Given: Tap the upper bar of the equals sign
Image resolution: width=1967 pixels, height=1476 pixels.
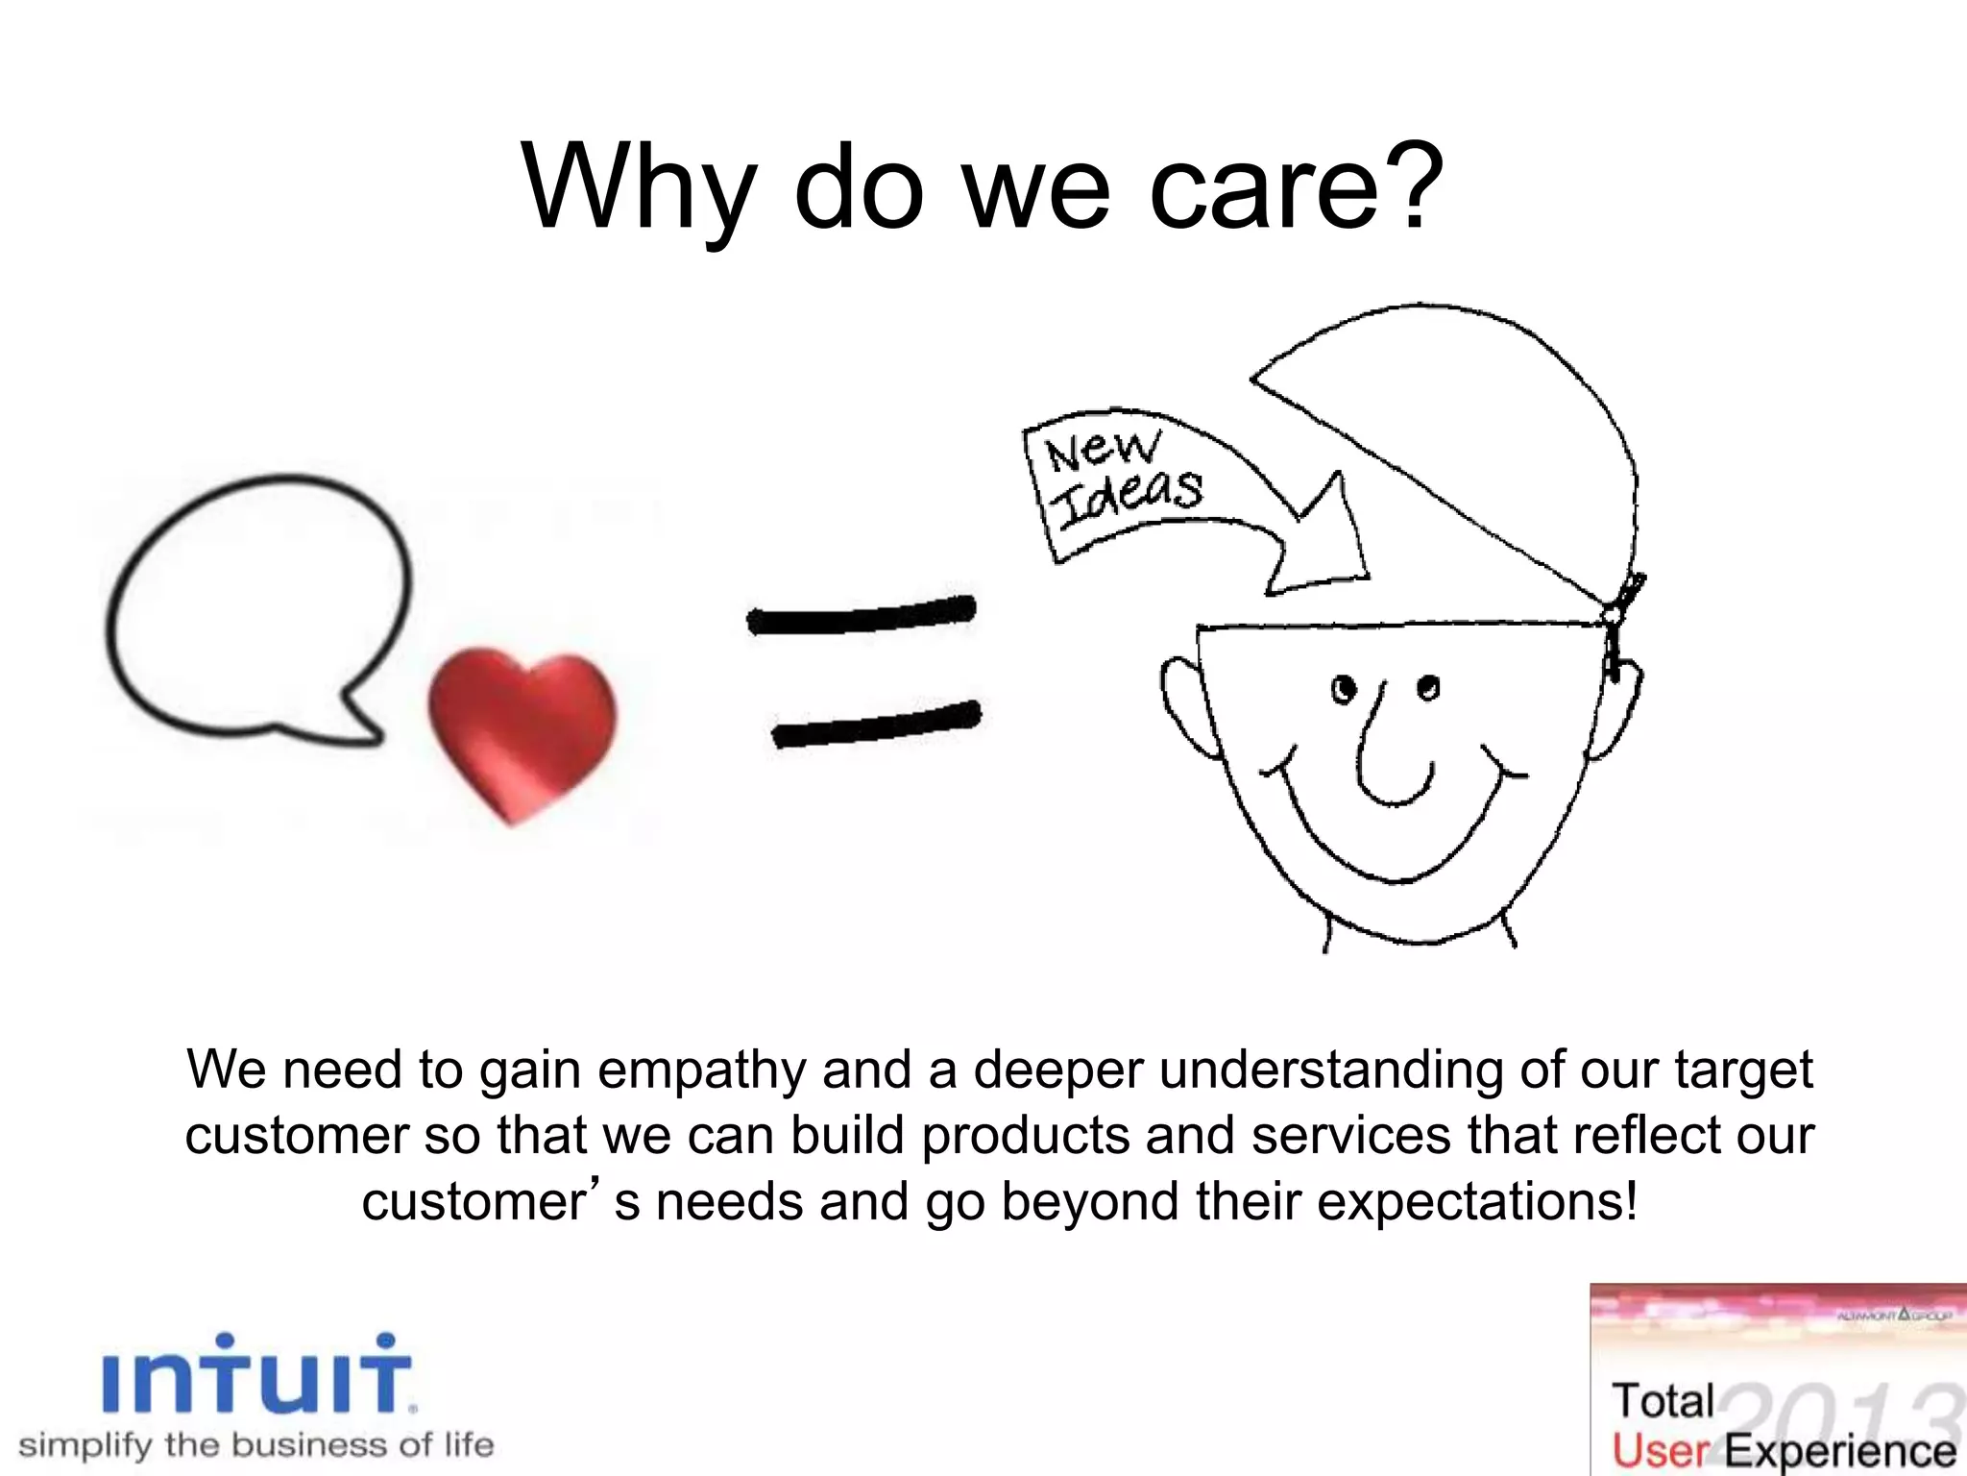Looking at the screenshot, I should click(x=862, y=617).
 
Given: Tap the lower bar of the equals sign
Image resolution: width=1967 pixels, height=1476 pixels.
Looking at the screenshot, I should click(x=876, y=726).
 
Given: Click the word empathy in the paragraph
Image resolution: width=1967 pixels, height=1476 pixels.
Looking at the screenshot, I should click(x=701, y=1070).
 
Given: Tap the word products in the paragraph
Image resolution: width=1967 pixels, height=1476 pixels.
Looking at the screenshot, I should click(x=1024, y=1135).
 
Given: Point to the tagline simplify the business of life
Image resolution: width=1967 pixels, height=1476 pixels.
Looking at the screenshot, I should click(x=256, y=1444).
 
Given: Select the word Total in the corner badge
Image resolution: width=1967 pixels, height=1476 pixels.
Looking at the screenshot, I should click(x=1663, y=1401).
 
